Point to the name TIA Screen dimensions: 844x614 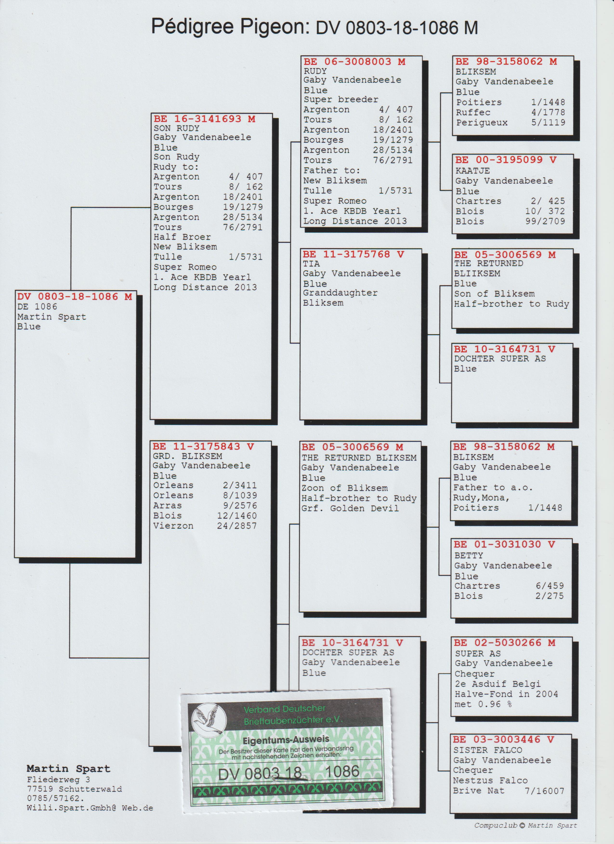click(311, 264)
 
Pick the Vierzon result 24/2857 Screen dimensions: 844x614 click(237, 526)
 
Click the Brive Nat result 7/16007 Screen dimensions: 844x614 click(544, 790)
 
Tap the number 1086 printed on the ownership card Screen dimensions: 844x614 click(343, 771)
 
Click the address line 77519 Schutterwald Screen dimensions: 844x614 click(74, 789)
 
